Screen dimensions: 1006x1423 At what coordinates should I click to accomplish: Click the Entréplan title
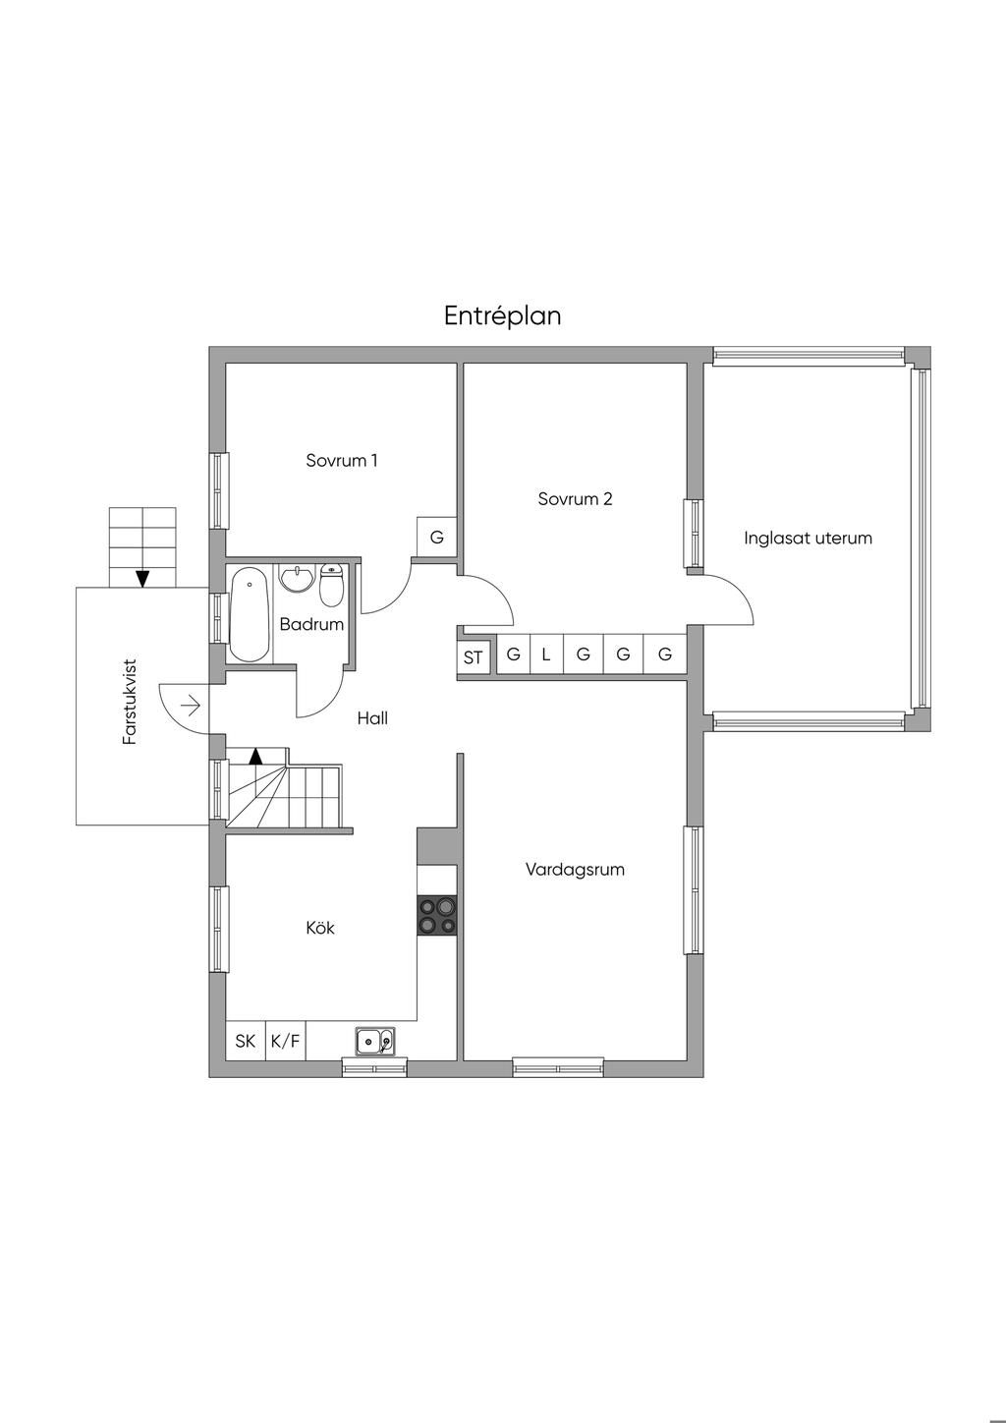coord(502,315)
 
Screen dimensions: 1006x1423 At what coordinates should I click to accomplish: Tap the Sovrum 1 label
coord(342,460)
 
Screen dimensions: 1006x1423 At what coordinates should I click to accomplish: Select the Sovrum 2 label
coord(575,498)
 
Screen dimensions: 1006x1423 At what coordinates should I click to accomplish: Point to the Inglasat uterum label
coord(808,539)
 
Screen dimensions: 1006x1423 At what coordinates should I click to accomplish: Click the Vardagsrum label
coord(575,869)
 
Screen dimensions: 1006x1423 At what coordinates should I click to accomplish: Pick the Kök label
coord(320,928)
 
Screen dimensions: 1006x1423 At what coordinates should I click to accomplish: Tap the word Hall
coord(372,717)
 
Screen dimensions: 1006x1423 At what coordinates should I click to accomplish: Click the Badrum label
coord(311,624)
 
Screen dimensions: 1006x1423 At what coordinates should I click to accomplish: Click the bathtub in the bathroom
coord(249,614)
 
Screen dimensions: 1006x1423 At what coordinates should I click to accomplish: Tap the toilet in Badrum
coord(331,585)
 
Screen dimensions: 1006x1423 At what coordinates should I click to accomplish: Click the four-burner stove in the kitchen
coord(437,916)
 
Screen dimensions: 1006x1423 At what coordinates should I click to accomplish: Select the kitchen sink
coord(375,1041)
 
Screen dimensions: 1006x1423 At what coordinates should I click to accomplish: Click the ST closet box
coord(474,656)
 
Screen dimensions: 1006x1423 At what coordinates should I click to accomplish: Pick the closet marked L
coord(545,654)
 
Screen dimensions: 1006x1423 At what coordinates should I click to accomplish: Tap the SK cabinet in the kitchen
coord(246,1041)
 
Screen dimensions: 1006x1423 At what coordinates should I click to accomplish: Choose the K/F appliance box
coord(285,1041)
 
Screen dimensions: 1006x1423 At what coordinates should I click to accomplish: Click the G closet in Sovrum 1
coord(437,538)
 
